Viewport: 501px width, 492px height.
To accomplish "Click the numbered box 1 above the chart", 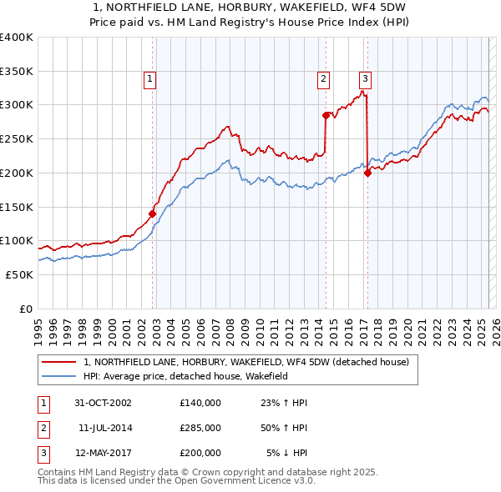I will click(x=149, y=79).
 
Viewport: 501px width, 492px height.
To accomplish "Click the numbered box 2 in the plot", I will click(x=323, y=79).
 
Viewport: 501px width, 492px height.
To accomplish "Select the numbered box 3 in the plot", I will click(x=365, y=79).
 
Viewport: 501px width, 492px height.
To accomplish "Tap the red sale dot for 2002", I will click(x=153, y=213).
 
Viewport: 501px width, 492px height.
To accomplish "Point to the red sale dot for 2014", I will click(x=326, y=115).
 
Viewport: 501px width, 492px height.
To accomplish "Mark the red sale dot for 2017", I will click(x=367, y=173).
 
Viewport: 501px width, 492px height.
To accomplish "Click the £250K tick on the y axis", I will click(x=16, y=138).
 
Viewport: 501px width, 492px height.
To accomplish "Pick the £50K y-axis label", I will click(x=19, y=274).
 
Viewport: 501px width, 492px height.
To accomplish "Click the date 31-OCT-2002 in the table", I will click(x=104, y=403).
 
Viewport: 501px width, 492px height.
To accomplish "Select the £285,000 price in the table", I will click(x=200, y=428).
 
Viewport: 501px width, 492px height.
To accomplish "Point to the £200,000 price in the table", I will click(x=200, y=453).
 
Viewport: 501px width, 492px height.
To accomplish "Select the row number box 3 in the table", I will click(x=42, y=453).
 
